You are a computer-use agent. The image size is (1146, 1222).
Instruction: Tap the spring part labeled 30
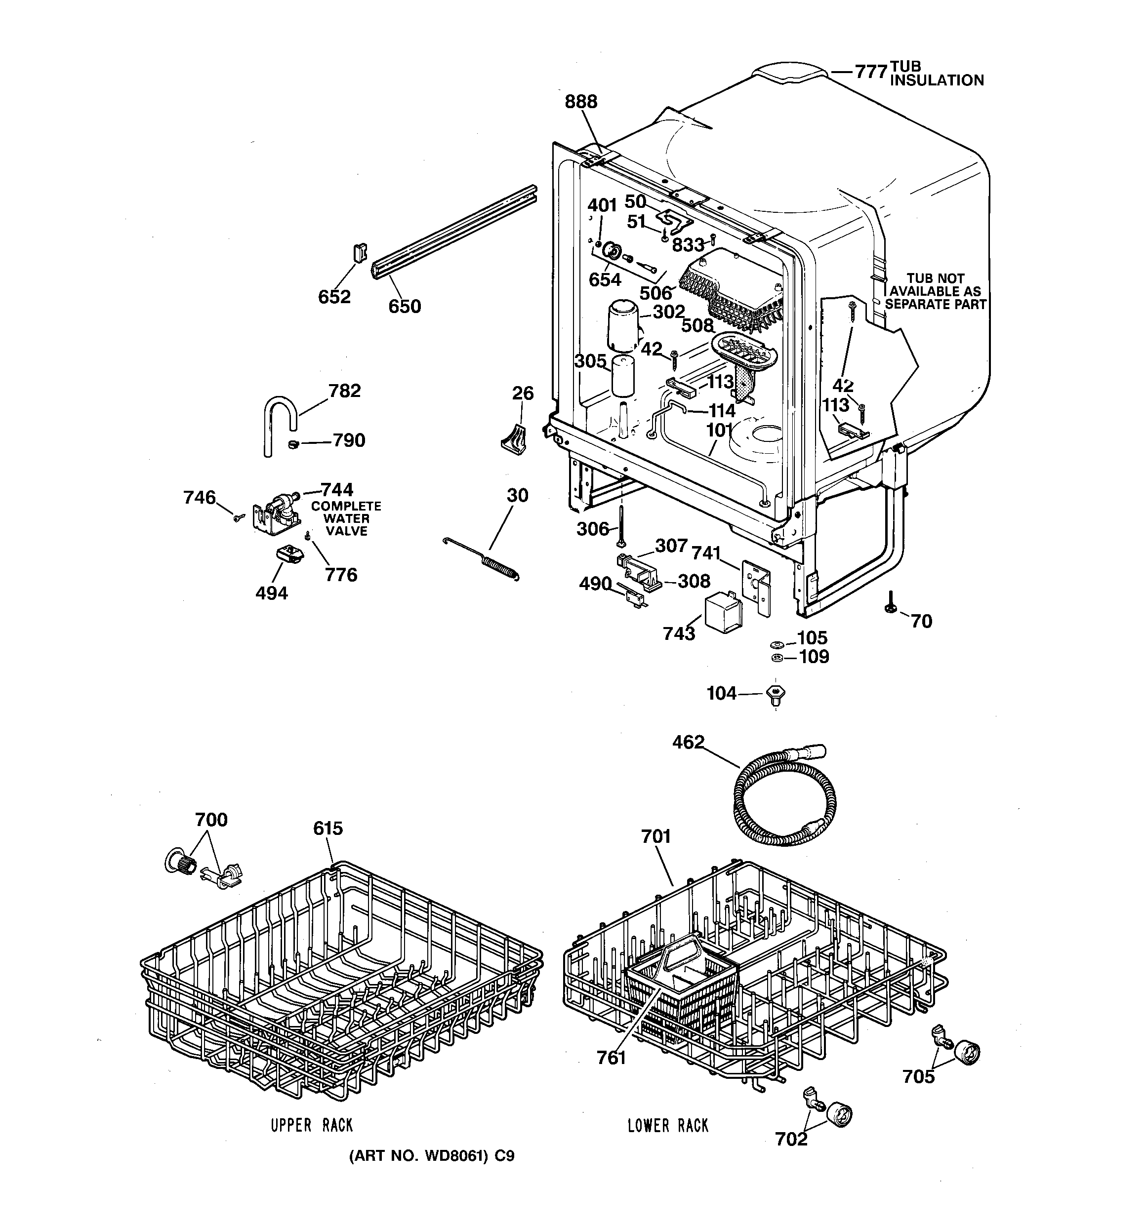499,565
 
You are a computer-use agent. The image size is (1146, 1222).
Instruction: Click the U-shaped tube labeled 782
279,423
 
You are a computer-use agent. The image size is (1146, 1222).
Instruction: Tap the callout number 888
581,101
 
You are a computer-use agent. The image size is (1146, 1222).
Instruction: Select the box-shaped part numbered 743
722,612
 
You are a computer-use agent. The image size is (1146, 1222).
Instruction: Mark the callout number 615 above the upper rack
327,828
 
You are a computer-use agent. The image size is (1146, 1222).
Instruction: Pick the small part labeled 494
288,554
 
